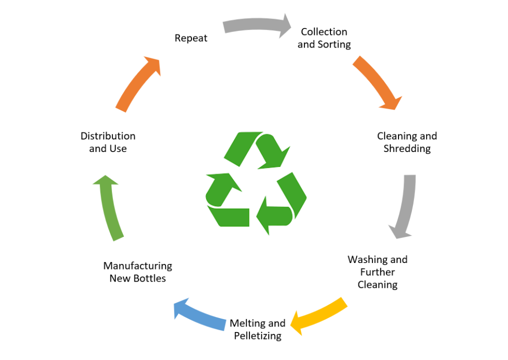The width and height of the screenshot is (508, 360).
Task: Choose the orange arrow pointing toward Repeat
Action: pos(138,83)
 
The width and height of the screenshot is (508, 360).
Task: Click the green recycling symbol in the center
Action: pos(255,183)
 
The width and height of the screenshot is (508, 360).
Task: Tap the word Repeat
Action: pos(191,38)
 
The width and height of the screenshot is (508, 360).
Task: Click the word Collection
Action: pos(324,31)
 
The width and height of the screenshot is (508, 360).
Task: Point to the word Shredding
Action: pos(407,148)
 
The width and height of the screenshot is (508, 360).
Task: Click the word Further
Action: pos(377,272)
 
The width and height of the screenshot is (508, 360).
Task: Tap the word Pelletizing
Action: pos(257,335)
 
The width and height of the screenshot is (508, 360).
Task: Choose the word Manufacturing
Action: pos(137,265)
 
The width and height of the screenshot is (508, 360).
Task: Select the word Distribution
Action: pos(108,136)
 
